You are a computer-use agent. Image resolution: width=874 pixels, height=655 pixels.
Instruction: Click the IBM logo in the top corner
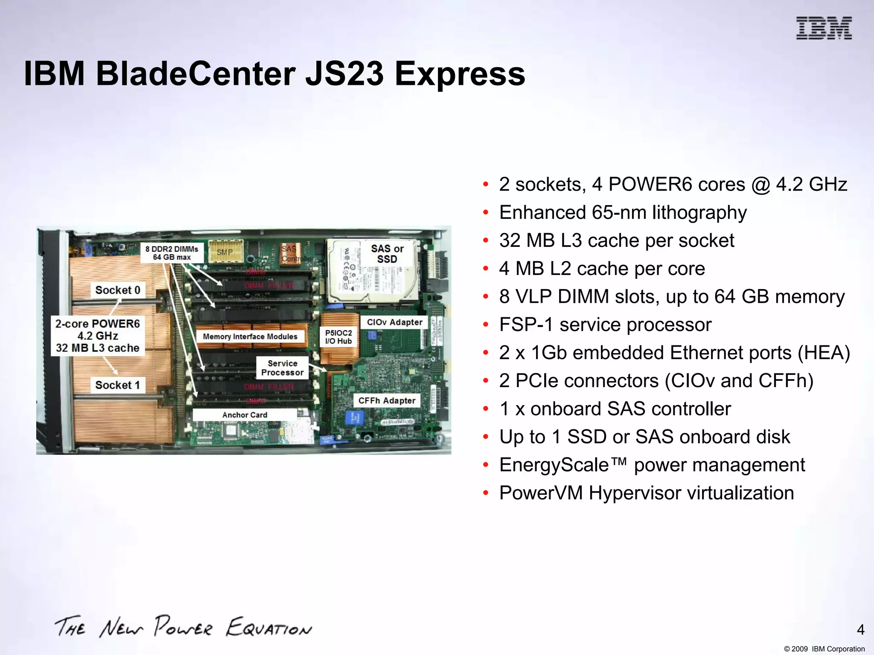point(824,28)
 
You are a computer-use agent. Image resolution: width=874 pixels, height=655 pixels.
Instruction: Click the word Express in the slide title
point(460,74)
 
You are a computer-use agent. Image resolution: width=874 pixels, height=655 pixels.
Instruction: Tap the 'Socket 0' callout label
point(118,290)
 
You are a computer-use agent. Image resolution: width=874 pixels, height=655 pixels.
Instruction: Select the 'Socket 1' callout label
point(117,385)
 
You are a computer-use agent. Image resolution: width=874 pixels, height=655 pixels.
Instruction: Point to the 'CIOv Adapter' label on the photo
point(394,322)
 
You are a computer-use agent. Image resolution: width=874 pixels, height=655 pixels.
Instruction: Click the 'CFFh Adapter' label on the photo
point(387,400)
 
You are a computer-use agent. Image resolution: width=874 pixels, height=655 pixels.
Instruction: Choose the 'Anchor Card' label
point(245,415)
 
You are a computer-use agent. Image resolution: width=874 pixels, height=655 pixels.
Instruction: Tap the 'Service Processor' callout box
point(282,368)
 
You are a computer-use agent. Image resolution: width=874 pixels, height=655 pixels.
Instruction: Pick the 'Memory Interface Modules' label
point(250,336)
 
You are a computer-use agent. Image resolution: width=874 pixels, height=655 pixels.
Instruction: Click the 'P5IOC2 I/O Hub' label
point(338,337)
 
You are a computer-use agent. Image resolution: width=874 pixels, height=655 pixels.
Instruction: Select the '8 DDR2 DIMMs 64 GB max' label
point(172,253)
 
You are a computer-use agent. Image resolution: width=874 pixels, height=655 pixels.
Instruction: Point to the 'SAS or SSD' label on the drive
point(387,254)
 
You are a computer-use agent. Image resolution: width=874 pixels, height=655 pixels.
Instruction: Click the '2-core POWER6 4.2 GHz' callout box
point(98,336)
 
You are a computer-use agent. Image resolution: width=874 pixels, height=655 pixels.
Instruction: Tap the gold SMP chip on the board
point(225,252)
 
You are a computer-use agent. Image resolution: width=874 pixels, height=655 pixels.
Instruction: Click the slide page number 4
point(860,629)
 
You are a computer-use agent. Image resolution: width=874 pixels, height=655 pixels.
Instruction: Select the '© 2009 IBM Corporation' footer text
point(824,649)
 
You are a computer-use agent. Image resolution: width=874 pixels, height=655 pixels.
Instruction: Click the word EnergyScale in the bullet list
point(554,465)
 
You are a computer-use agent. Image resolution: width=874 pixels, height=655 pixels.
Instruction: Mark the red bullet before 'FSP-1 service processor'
point(485,325)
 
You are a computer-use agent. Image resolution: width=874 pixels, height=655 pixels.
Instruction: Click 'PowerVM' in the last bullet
point(541,493)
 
